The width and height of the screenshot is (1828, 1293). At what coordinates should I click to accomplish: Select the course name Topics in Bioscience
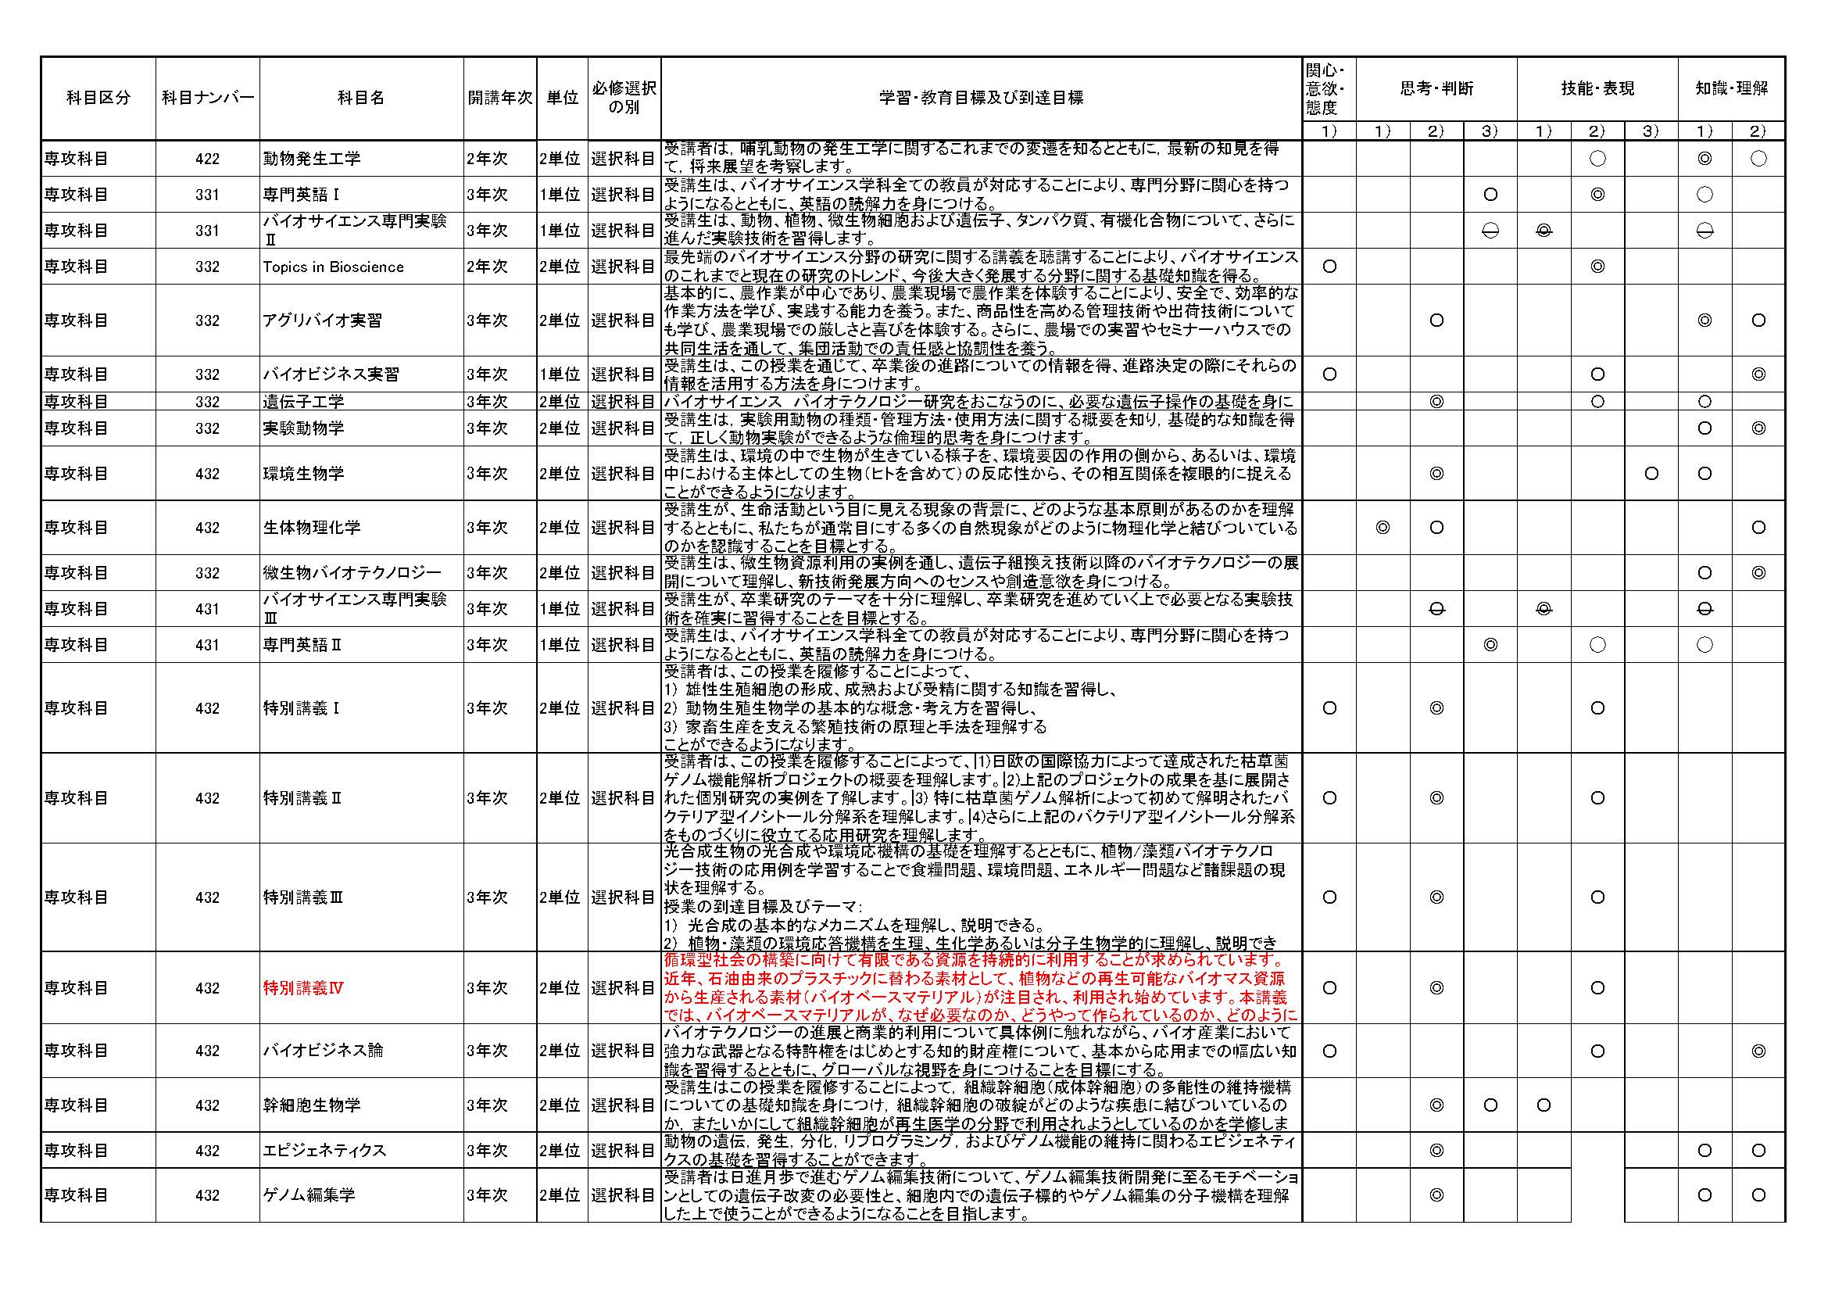click(333, 267)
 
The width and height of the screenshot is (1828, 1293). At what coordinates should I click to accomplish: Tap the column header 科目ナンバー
click(207, 98)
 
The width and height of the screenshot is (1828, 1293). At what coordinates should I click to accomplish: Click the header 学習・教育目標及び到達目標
click(981, 98)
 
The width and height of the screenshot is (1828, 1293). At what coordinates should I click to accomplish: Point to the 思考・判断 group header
click(1436, 88)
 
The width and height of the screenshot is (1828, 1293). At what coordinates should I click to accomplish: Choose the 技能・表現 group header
click(1597, 88)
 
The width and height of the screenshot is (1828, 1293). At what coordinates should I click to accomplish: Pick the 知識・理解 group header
click(1732, 88)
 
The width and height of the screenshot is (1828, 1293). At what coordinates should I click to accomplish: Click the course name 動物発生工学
click(311, 159)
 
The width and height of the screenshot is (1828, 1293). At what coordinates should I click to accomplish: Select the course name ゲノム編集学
click(309, 1195)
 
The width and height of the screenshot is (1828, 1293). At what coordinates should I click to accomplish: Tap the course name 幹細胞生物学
click(311, 1105)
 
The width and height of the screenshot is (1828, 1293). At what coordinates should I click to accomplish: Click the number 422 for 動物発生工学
click(207, 159)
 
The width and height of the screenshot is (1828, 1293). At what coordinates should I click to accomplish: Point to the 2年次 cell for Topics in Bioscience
click(487, 267)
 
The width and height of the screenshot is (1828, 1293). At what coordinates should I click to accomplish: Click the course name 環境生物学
click(303, 474)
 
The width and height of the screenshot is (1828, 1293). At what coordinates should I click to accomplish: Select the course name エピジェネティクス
click(324, 1151)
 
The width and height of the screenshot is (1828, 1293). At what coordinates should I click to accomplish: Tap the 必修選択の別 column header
click(624, 98)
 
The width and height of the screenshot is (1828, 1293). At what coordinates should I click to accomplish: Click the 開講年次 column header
click(500, 98)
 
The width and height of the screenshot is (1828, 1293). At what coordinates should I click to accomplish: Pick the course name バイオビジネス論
click(323, 1051)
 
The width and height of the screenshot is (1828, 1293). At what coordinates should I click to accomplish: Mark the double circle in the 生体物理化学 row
click(1383, 527)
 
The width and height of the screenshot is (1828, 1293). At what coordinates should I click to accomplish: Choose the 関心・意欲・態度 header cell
click(1329, 88)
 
